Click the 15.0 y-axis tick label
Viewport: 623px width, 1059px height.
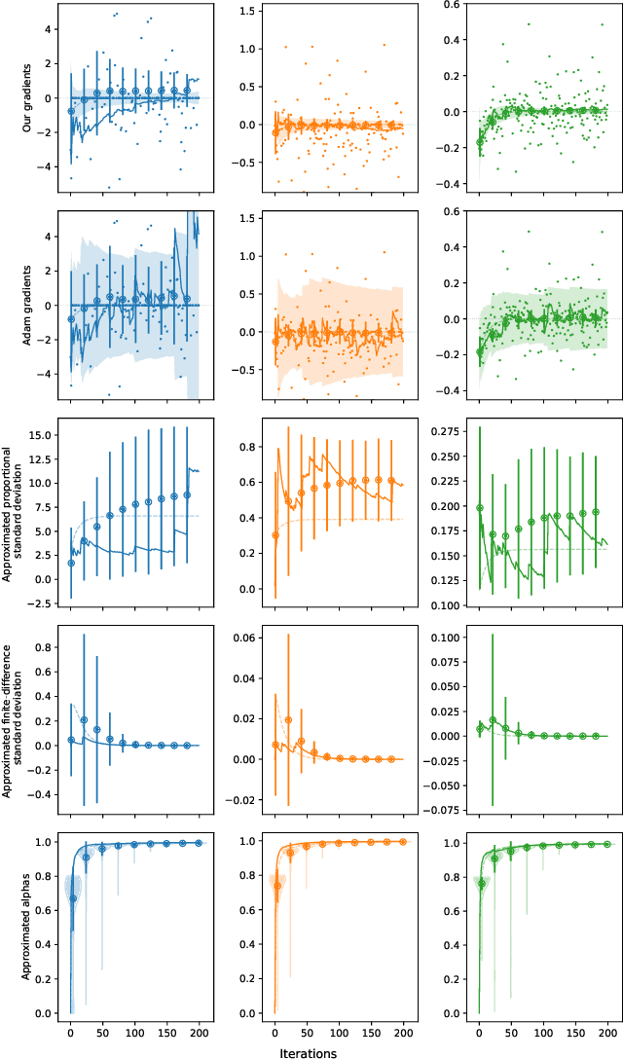pyautogui.click(x=38, y=435)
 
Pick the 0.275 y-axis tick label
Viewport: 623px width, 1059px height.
pyautogui.click(x=431, y=429)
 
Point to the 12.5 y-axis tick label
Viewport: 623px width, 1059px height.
pyautogui.click(x=38, y=458)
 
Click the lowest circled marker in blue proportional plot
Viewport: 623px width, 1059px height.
pyautogui.click(x=71, y=563)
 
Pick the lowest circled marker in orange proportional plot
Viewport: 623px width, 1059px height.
pyautogui.click(x=275, y=535)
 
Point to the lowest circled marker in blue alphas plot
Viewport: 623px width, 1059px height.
pyautogui.click(x=73, y=898)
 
